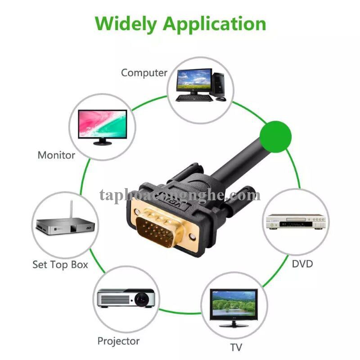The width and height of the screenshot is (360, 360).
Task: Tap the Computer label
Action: [144, 72]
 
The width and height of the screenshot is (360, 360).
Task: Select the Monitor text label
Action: [56, 155]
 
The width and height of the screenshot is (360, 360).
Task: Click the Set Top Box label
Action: [60, 264]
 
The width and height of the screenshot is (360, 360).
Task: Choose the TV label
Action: [236, 347]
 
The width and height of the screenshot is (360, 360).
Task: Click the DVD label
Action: [302, 263]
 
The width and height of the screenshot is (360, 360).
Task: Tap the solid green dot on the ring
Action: [276, 136]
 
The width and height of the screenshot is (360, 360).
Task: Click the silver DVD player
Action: [295, 221]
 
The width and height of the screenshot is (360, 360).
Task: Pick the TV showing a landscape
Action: [234, 304]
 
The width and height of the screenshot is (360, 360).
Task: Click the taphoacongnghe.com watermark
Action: [180, 195]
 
